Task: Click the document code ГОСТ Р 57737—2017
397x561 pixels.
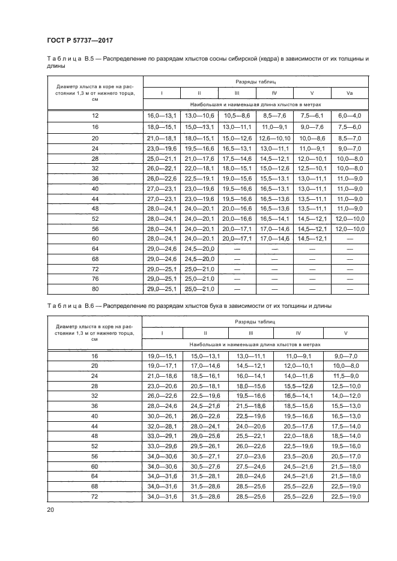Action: (x=80, y=40)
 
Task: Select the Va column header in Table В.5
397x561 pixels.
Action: (x=350, y=93)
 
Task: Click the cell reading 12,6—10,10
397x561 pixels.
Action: (x=274, y=137)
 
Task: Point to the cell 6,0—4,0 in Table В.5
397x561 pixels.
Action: (x=350, y=115)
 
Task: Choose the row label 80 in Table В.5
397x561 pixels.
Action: (x=94, y=289)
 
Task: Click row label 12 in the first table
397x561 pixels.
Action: (x=94, y=115)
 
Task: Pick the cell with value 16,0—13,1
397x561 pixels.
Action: (x=162, y=115)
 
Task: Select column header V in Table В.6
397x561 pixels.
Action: (x=345, y=333)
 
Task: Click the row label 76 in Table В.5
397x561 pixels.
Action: (x=94, y=278)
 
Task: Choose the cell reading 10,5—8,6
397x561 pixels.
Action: (x=237, y=115)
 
